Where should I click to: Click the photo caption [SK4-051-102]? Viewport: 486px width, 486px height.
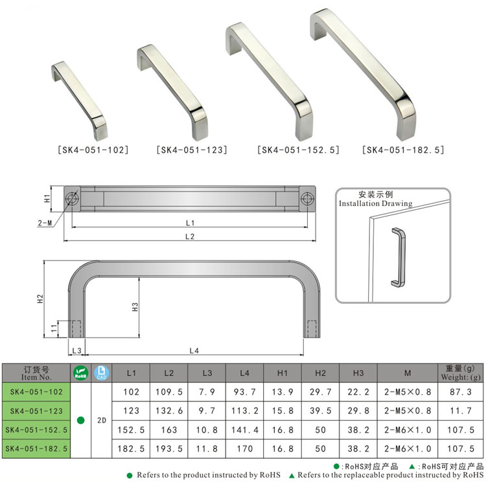(93, 150)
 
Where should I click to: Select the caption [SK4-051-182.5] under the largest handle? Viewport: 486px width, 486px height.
(403, 150)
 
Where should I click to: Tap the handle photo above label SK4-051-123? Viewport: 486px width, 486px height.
(172, 93)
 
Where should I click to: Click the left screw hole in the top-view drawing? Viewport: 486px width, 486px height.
(72, 198)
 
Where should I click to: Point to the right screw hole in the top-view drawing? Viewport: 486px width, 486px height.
(307, 198)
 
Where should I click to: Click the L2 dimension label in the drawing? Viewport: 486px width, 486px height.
(190, 237)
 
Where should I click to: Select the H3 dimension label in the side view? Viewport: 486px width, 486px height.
(135, 307)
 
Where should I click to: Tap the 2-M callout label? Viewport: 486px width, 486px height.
(45, 223)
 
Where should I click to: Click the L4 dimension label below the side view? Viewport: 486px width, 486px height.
(194, 351)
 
